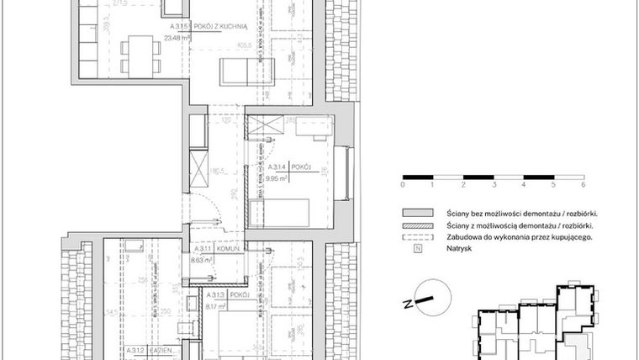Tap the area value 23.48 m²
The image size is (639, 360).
[x=178, y=38]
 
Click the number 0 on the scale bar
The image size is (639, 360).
[x=404, y=183]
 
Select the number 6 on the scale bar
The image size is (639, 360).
[x=583, y=183]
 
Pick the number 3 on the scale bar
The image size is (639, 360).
[x=494, y=183]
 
